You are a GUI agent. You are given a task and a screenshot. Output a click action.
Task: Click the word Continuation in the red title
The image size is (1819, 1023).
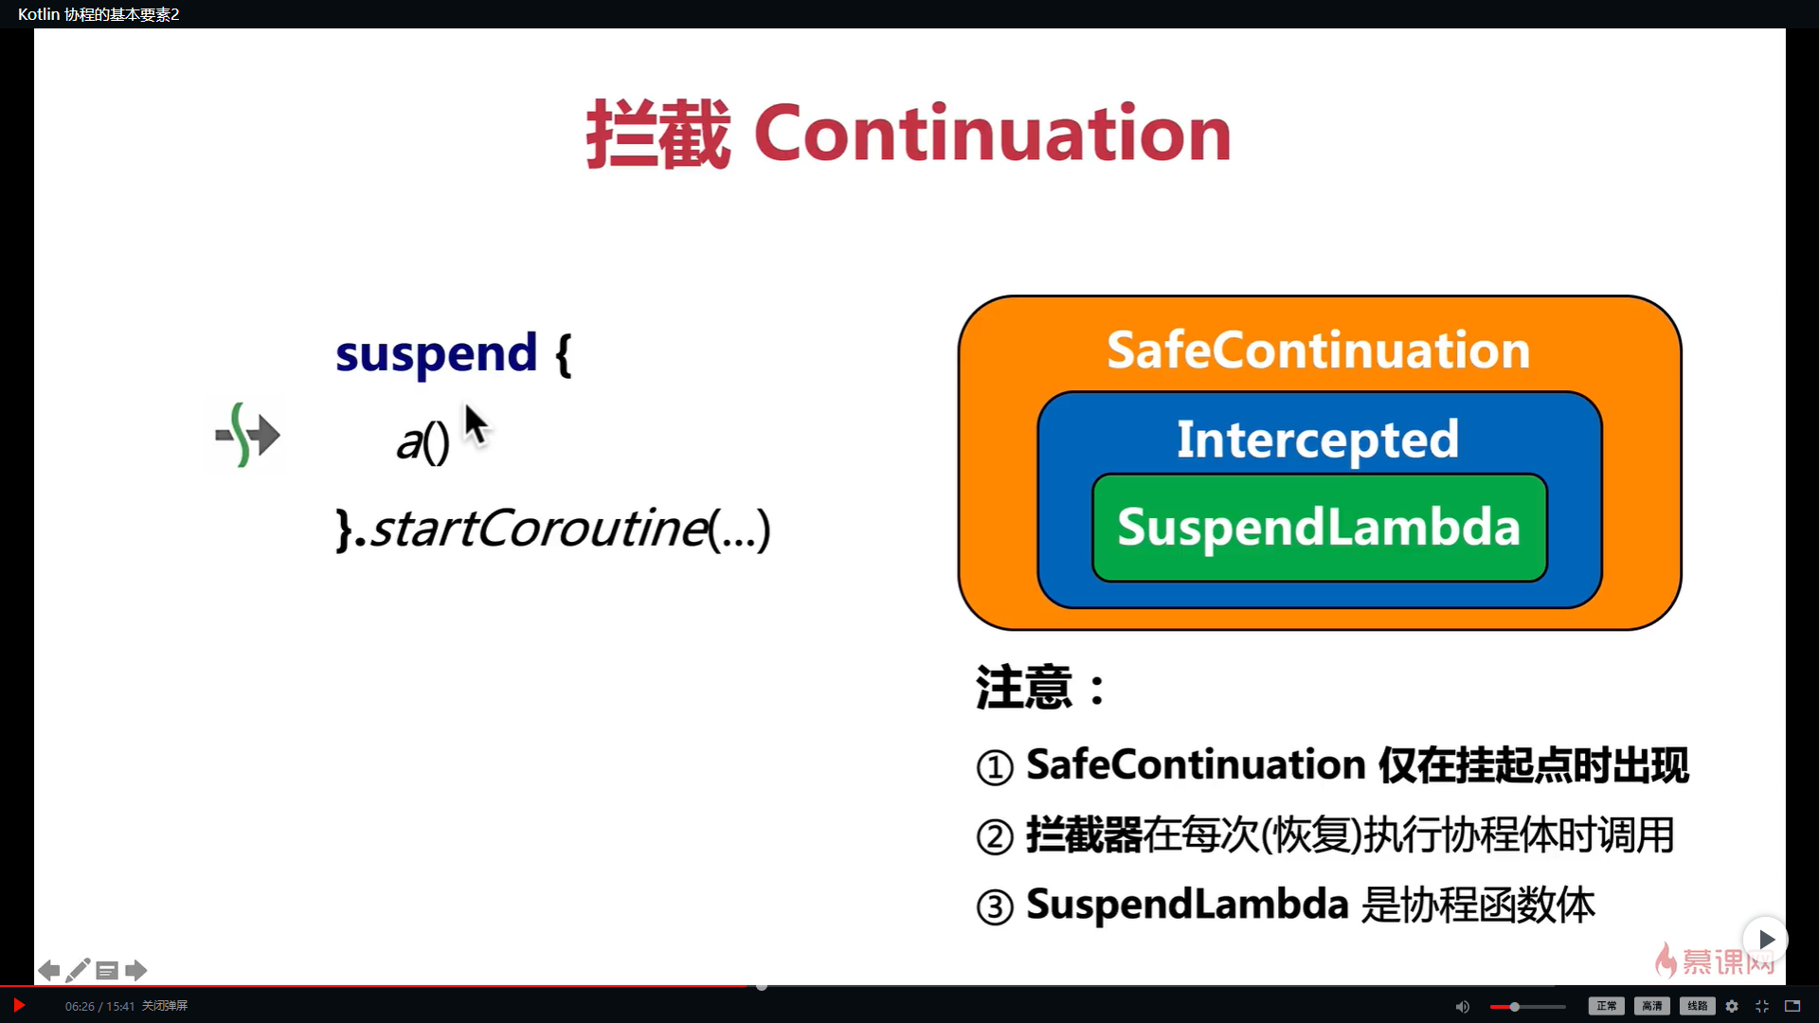click(x=992, y=134)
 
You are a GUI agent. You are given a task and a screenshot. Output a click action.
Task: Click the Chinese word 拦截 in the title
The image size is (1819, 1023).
click(x=658, y=134)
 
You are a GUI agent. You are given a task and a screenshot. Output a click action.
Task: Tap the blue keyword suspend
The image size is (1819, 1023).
click(x=436, y=354)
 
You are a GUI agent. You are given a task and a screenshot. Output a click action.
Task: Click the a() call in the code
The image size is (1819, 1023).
click(x=423, y=441)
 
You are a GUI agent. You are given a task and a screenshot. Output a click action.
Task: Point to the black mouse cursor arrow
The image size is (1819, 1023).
click(x=476, y=425)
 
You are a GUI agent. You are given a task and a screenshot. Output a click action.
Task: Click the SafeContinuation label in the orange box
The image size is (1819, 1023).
click(x=1319, y=350)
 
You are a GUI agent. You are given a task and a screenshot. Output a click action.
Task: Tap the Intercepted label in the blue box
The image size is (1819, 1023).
click(x=1318, y=440)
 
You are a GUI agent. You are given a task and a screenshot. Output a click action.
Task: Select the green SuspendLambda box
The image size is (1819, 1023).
click(x=1320, y=528)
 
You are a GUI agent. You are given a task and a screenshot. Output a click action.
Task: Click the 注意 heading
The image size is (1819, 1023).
click(x=1024, y=687)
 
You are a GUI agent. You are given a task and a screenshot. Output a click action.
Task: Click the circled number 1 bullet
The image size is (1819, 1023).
click(x=995, y=767)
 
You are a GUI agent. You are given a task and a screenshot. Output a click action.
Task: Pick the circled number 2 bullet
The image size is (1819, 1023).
click(x=995, y=837)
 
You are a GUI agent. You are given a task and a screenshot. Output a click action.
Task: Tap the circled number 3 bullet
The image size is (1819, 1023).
click(x=995, y=907)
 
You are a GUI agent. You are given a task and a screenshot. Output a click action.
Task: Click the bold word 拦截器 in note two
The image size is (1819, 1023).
click(x=1084, y=835)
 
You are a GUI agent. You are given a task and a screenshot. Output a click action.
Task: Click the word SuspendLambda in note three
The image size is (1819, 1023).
click(x=1187, y=905)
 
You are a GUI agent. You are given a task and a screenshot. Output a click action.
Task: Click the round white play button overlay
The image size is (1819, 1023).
click(x=1766, y=939)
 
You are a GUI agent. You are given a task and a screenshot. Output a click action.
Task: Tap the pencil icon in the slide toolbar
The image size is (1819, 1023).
click(x=78, y=970)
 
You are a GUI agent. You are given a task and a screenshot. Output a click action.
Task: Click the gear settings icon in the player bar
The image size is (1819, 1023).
click(x=1732, y=1006)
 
